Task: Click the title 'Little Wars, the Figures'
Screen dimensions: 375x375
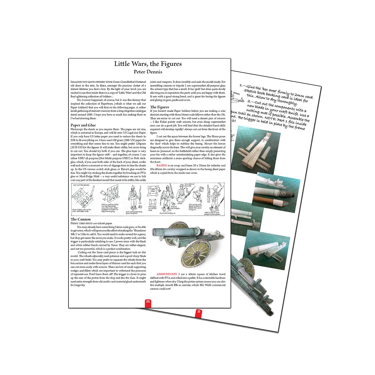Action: (x=148, y=64)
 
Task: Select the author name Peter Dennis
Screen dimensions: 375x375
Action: (x=148, y=72)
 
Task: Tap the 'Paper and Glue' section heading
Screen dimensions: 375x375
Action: (x=83, y=125)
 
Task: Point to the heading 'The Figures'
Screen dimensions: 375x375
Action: (x=159, y=107)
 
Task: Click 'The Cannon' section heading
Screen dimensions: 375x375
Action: (x=81, y=219)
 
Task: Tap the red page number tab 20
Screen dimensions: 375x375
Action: (x=148, y=302)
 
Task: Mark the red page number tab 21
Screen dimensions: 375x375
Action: (x=198, y=312)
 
